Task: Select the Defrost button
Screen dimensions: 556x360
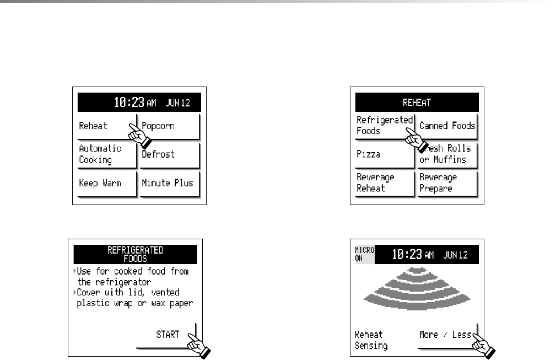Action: point(170,154)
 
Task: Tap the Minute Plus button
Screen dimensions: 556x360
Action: point(170,182)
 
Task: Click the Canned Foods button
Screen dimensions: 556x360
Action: point(447,126)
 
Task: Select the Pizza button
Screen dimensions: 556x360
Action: point(384,154)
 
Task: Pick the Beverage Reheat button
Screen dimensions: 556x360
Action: point(384,182)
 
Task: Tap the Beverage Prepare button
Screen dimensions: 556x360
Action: point(447,182)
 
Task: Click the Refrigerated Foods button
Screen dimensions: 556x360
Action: point(384,125)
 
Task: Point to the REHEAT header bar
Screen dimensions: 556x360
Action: point(417,102)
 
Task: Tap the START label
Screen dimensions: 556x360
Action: point(168,334)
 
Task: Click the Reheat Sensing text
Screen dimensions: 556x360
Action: point(371,340)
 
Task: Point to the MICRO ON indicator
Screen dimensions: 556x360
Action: point(364,254)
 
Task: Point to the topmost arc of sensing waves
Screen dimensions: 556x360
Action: point(416,271)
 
